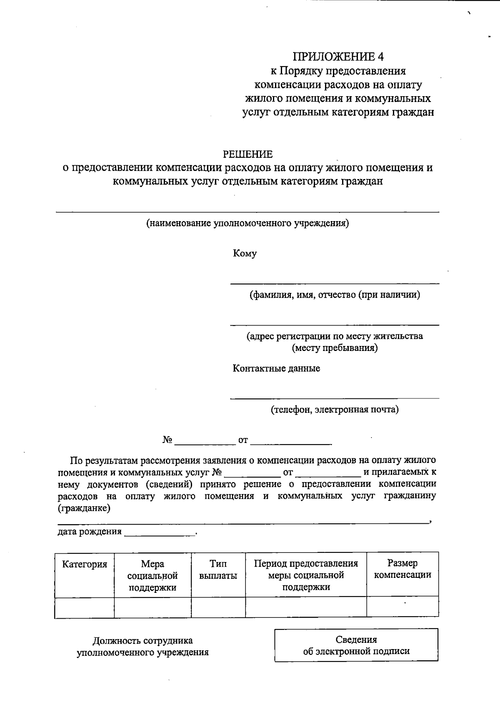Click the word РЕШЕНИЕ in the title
click(247, 154)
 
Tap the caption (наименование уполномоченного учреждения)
click(247, 224)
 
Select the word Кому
click(245, 254)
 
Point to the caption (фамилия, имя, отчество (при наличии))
click(335, 295)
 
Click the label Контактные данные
click(276, 368)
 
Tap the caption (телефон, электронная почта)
click(335, 410)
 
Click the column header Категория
click(85, 565)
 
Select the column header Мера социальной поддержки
click(152, 576)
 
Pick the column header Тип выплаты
click(218, 570)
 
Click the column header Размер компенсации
click(402, 569)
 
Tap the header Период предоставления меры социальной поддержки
click(306, 575)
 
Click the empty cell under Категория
click(85, 607)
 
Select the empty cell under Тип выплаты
click(218, 607)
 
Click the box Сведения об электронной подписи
click(356, 645)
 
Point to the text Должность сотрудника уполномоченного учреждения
click(142, 647)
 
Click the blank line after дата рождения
click(160, 535)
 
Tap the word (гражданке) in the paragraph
click(84, 508)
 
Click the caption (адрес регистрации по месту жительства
click(335, 336)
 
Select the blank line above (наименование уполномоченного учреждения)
click(247, 212)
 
